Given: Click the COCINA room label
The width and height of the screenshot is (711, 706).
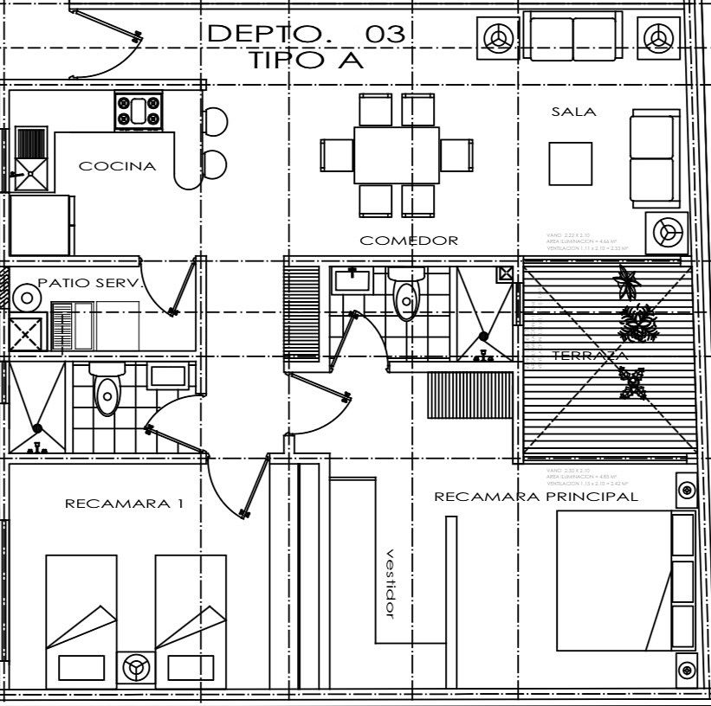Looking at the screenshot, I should [x=118, y=166].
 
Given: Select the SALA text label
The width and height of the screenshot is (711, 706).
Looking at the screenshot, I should [x=573, y=112].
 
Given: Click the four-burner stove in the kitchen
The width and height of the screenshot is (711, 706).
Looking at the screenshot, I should [x=139, y=112].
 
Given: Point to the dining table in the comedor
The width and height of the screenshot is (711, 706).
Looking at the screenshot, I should [x=397, y=155].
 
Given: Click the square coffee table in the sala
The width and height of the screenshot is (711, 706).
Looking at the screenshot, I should [x=570, y=163].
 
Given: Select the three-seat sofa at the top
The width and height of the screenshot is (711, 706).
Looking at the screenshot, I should [x=573, y=36].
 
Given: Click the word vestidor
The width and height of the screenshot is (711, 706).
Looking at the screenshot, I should [x=390, y=583].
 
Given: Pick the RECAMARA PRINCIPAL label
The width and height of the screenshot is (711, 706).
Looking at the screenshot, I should [x=535, y=497].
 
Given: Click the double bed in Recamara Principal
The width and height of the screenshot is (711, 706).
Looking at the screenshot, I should [x=615, y=580].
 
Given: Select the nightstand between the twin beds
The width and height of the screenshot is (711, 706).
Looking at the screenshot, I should [x=135, y=667].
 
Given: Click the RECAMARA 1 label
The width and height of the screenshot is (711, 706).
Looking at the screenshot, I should [x=124, y=503].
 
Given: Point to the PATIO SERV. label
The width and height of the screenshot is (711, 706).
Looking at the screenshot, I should [x=89, y=283].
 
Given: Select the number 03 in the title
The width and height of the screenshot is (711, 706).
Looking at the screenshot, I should [x=385, y=34].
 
